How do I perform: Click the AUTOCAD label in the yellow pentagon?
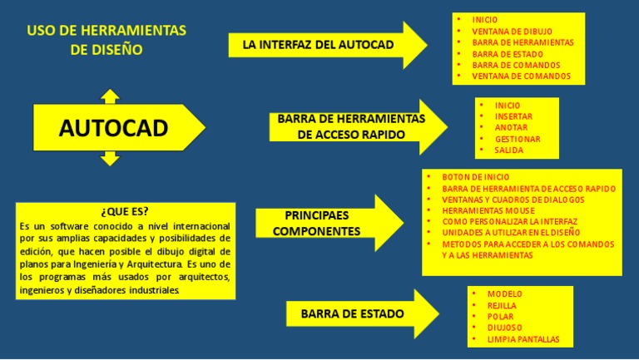point(113,127)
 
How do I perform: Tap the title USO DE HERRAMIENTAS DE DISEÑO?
point(106,40)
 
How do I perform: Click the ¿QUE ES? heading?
point(125,210)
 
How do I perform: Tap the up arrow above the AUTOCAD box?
point(110,94)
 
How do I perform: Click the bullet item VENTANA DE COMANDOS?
point(521,76)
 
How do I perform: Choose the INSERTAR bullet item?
point(513,116)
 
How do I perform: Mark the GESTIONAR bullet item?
point(518,139)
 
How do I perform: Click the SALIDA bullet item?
point(508,150)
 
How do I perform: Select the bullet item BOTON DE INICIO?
point(476,177)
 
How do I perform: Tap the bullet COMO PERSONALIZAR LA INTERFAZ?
point(509,222)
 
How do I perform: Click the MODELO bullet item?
point(505,294)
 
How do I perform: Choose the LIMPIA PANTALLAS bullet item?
point(523,339)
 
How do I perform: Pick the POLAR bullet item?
point(501,317)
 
